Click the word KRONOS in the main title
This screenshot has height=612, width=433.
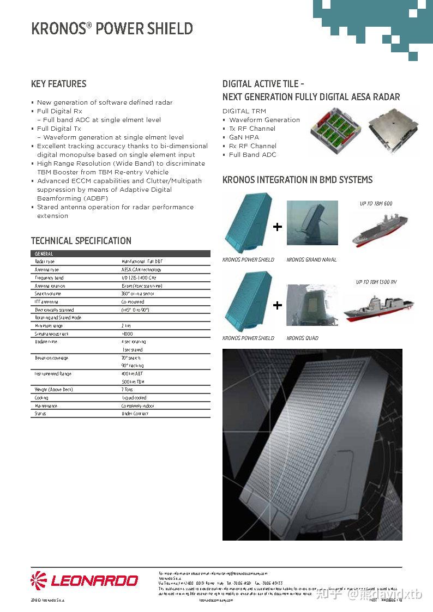58,29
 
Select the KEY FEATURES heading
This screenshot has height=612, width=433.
58,84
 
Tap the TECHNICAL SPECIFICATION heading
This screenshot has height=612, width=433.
81,241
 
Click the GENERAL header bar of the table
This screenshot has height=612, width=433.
120,254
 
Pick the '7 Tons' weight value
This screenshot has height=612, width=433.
127,390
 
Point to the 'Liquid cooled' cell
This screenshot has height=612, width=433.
134,398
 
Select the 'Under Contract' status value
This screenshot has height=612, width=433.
135,414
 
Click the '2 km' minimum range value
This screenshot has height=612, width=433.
126,325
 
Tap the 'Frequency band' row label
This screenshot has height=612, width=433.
49,278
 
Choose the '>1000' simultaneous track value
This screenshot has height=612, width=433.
127,334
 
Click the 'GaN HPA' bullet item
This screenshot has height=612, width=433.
244,137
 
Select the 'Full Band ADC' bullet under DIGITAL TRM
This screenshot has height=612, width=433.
252,155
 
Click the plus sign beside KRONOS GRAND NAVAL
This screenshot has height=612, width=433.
278,227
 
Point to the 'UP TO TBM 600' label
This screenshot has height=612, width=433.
376,204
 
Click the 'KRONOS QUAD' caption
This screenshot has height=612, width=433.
302,338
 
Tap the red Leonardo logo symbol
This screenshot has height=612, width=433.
39,580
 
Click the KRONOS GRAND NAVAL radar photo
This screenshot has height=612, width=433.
312,223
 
